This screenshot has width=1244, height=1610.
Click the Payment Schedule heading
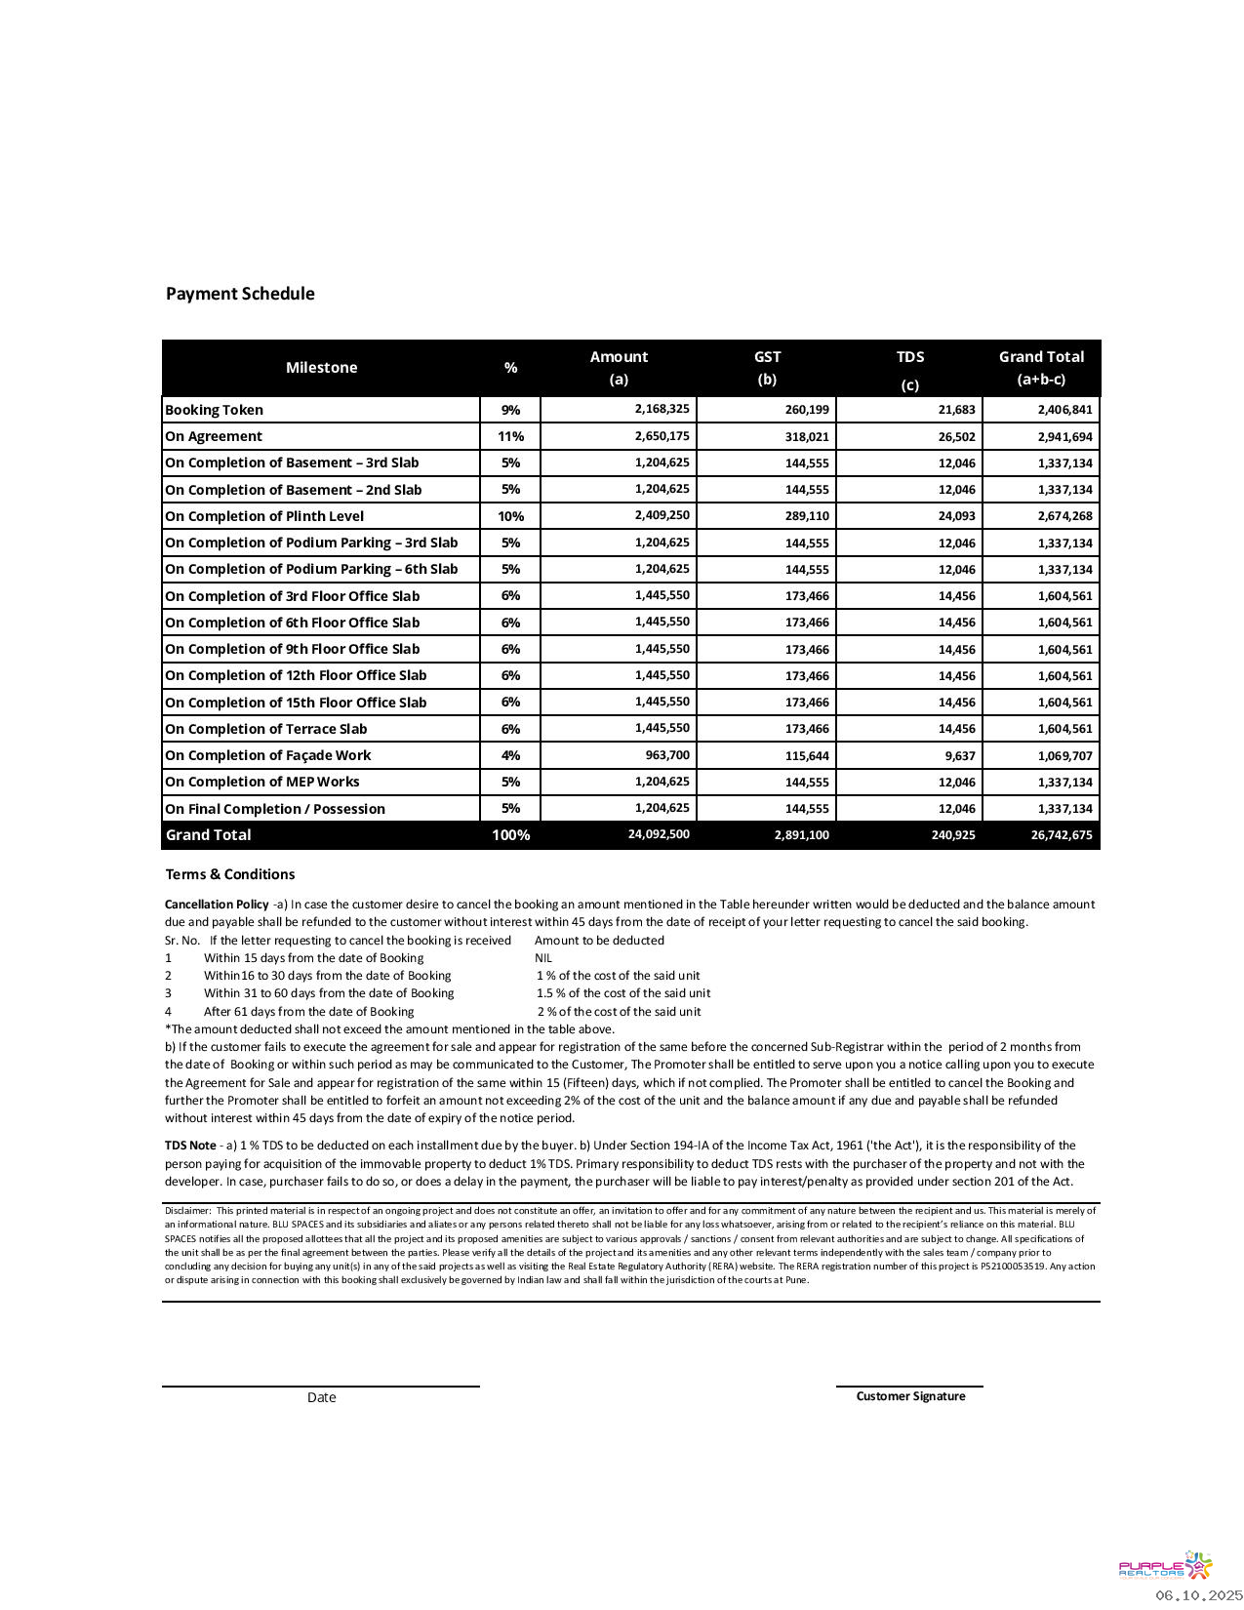click(x=240, y=294)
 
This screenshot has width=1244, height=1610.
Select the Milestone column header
click(x=321, y=368)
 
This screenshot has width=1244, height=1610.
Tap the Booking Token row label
click(x=214, y=410)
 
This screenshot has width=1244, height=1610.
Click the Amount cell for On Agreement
click(x=662, y=436)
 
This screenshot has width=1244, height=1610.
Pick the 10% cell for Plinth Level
click(x=510, y=516)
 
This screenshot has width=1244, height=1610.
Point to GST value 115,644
click(x=806, y=756)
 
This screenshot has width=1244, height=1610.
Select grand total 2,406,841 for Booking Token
click(x=1064, y=410)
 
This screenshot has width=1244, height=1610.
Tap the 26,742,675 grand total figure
click(x=1061, y=835)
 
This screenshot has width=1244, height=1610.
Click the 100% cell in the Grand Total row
click(x=510, y=835)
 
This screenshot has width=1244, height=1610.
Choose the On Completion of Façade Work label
click(x=267, y=755)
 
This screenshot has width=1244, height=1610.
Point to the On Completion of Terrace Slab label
click(x=265, y=729)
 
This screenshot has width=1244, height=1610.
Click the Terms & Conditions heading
click(x=229, y=874)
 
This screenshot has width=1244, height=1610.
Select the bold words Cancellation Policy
click(x=217, y=905)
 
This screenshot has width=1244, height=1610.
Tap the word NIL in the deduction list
click(x=543, y=958)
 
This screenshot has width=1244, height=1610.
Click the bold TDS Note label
click(x=190, y=1146)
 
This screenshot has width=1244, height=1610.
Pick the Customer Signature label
click(x=910, y=1396)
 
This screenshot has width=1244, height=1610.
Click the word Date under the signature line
click(x=321, y=1397)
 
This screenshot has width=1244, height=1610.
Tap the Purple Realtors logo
click(x=1165, y=1566)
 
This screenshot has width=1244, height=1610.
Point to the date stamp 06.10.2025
click(x=1199, y=1595)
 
